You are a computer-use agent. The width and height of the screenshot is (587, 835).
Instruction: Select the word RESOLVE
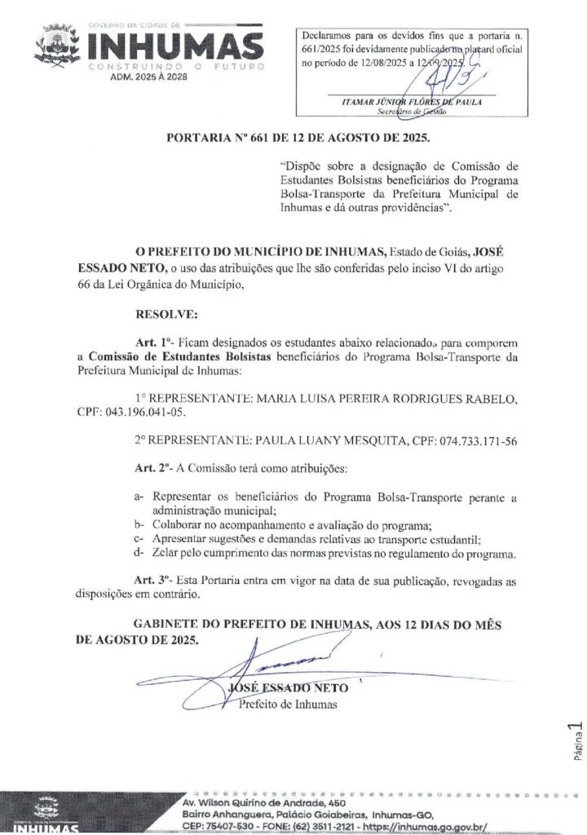coord(161,312)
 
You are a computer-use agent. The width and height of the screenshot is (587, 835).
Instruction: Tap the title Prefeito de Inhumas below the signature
coord(288,703)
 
